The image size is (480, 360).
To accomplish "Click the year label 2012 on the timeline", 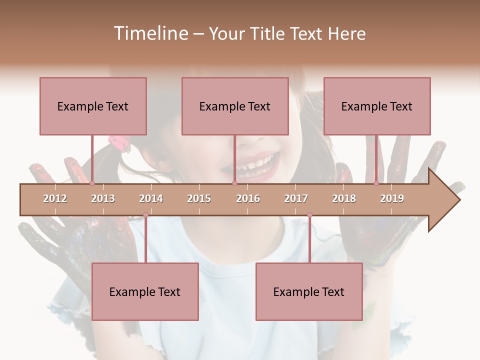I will [x=55, y=198].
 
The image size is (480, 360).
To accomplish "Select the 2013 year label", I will [x=103, y=198].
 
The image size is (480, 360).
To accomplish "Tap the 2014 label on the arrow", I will [x=151, y=198].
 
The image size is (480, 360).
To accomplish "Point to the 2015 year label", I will [x=199, y=198].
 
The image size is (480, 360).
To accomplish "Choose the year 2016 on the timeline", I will [x=248, y=198].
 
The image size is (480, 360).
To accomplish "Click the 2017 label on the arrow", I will [x=296, y=198].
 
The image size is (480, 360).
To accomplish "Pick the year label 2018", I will [x=344, y=198].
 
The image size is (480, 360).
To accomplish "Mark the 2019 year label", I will [x=392, y=198].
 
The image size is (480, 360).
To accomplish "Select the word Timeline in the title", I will [x=149, y=33].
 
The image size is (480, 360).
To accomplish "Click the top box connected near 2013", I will [x=93, y=106].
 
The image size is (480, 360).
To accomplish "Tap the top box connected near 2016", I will [x=235, y=106].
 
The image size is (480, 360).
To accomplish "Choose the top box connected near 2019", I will [x=377, y=106].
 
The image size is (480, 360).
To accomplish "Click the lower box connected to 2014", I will [x=145, y=291].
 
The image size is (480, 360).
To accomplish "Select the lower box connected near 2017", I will [x=309, y=291].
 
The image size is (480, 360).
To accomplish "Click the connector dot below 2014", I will [x=145, y=215].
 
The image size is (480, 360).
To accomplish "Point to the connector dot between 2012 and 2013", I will [x=92, y=183].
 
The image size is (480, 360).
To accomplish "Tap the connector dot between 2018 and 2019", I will [x=376, y=183].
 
